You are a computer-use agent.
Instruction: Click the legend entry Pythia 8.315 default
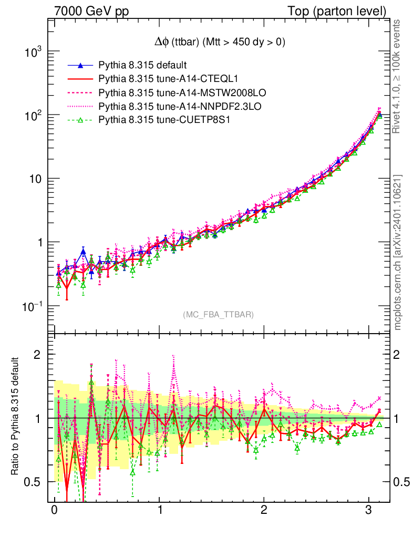click(142, 66)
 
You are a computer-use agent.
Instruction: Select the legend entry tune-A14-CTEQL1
click(168, 79)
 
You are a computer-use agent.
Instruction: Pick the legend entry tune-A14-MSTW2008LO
click(182, 93)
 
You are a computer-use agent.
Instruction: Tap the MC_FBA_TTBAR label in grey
click(218, 315)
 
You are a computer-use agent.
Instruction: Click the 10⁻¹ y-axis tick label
click(33, 306)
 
